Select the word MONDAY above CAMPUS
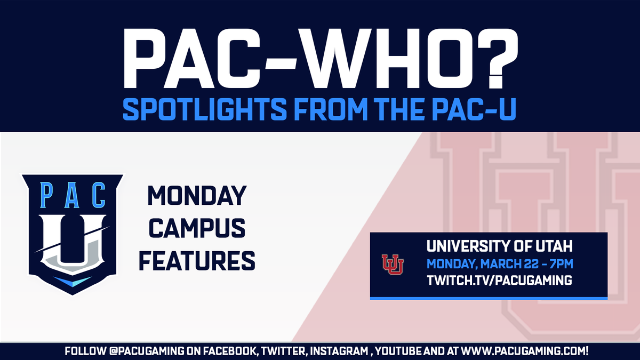pyautogui.click(x=197, y=197)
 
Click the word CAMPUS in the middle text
pyautogui.click(x=197, y=229)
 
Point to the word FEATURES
pyautogui.click(x=201, y=261)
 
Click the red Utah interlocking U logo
pyautogui.click(x=393, y=264)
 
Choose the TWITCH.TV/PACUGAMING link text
pyautogui.click(x=499, y=280)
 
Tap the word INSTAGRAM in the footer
pyautogui.click(x=348, y=352)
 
